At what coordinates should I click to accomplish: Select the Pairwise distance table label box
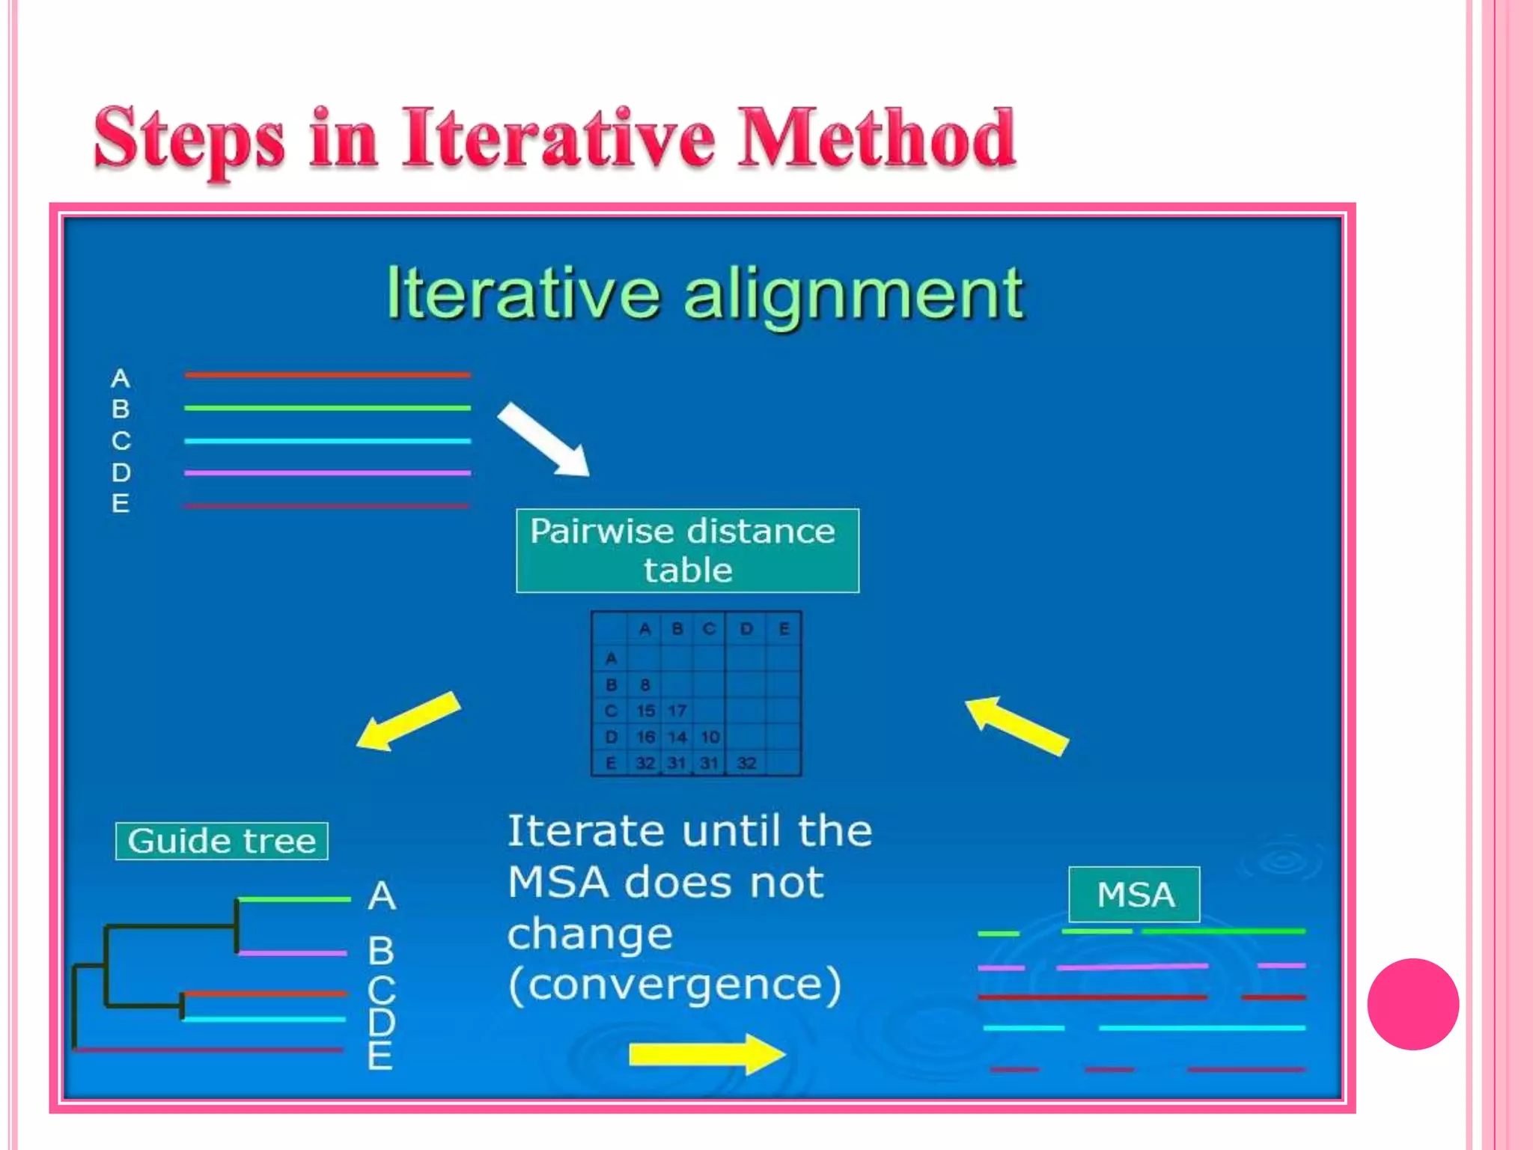coord(687,550)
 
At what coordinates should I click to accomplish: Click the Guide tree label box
coord(222,841)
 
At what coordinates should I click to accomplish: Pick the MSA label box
coord(1134,895)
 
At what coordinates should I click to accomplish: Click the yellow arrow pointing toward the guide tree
coord(408,720)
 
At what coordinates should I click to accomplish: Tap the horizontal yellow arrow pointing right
coord(707,1054)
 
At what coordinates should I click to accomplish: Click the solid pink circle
coord(1412,1004)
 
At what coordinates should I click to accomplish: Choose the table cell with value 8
coord(644,684)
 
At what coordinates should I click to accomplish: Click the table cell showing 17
coord(677,711)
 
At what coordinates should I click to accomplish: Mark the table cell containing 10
coord(710,737)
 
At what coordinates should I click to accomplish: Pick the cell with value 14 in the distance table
coord(677,737)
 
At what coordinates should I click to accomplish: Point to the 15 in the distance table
coord(644,711)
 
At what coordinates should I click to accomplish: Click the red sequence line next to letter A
coord(327,374)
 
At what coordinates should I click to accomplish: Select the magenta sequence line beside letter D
coord(327,473)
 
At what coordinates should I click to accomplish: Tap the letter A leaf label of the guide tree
coord(381,895)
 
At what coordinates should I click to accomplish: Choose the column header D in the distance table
coord(746,629)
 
